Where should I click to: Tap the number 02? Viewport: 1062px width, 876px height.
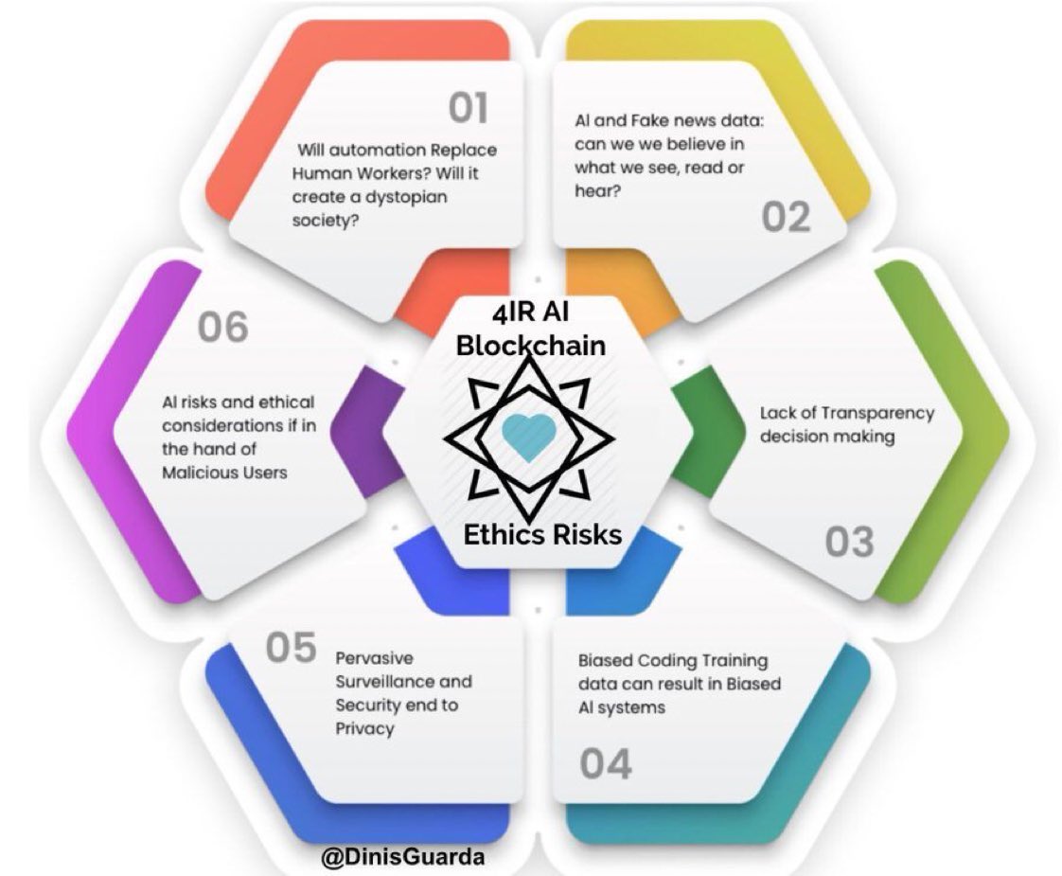coord(786,217)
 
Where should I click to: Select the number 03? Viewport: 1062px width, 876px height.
coord(849,542)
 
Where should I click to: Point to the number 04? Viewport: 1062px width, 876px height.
coord(606,764)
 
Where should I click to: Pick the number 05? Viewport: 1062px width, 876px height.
coord(290,650)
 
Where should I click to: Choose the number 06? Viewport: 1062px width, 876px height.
coord(223,327)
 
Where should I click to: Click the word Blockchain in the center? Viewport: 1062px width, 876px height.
coord(530,346)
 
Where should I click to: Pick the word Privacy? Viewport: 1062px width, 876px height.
coord(364,728)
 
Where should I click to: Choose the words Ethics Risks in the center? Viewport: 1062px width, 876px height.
coord(541,535)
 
